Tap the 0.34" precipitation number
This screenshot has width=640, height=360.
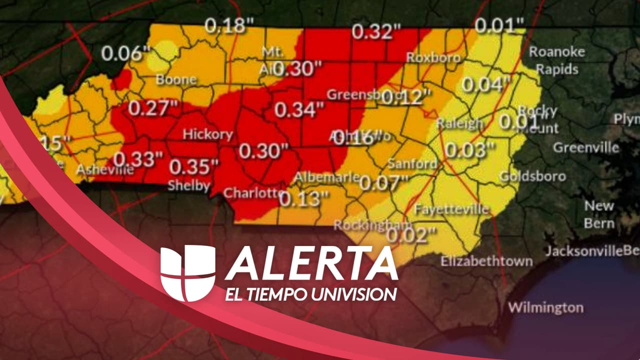(299, 110)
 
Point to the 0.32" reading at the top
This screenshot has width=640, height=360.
(376, 31)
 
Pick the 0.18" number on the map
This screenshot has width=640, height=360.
(230, 25)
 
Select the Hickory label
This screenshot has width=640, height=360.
(207, 134)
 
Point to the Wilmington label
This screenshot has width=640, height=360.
(545, 307)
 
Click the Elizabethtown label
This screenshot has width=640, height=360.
(486, 261)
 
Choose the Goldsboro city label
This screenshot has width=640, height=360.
(532, 176)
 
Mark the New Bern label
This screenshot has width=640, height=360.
(599, 214)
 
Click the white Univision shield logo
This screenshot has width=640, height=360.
(187, 272)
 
